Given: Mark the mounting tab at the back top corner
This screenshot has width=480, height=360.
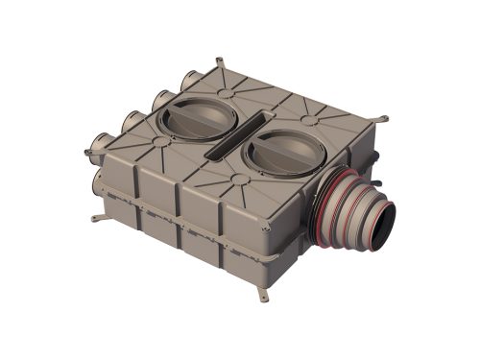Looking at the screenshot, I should [x=220, y=63].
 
